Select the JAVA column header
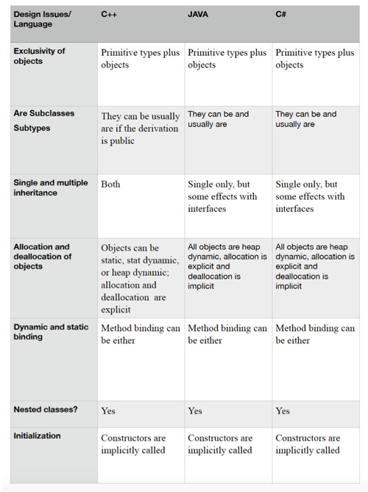[197, 14]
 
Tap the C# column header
[280, 14]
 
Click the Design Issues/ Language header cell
[42, 19]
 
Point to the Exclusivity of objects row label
[39, 56]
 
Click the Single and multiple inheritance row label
[50, 188]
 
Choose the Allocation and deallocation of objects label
[43, 257]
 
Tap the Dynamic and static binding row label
[51, 332]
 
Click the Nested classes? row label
[45, 410]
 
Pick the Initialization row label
[37, 435]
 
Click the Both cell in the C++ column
[110, 184]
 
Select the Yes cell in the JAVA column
[195, 410]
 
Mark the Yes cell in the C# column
[283, 410]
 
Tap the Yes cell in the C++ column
[108, 410]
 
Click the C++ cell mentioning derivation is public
[140, 128]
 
